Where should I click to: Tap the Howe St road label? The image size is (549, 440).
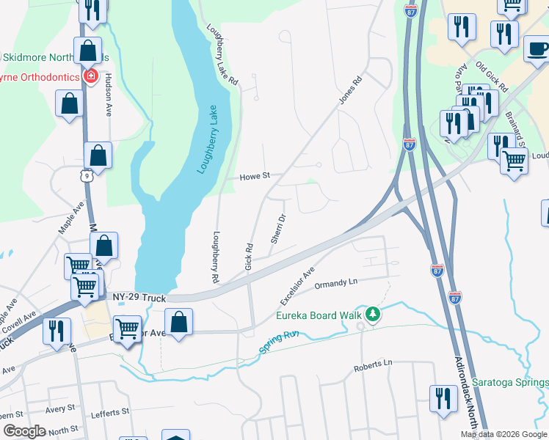coord(256,176)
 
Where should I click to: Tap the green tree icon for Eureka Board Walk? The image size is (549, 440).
coord(374,315)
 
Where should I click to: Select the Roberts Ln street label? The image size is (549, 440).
coord(373,364)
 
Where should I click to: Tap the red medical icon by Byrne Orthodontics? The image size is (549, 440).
coord(90,76)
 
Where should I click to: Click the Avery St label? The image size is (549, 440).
coord(59,408)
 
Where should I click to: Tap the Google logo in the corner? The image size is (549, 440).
coord(24,431)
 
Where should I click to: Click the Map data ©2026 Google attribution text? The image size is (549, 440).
coord(503,434)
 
